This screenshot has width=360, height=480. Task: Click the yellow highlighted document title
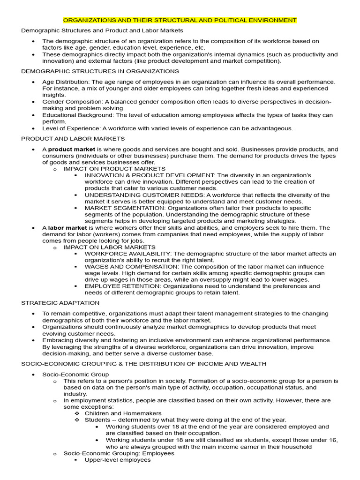tap(180, 20)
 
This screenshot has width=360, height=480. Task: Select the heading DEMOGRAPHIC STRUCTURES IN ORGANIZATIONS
tap(100, 71)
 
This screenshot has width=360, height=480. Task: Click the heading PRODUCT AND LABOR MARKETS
tap(73, 138)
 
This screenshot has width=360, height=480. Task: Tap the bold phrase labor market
tap(65, 228)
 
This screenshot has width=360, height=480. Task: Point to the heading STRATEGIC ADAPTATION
tap(60, 303)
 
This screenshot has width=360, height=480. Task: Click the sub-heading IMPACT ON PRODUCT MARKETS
tap(114, 168)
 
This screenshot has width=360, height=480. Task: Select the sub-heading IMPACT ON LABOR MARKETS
tap(109, 247)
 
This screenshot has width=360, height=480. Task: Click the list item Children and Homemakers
tap(123, 413)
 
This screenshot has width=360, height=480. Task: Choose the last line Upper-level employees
tap(117, 460)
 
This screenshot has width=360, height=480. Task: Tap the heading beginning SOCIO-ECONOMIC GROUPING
tap(143, 363)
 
